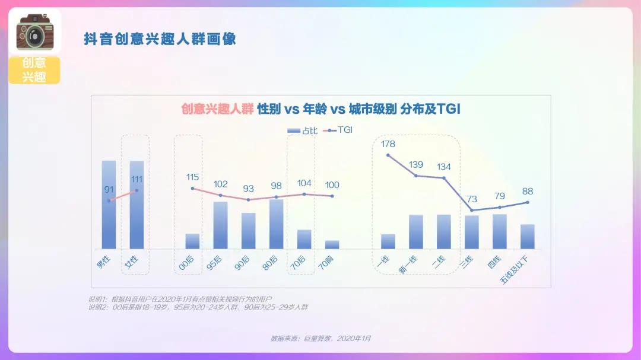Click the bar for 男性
tap(109, 205)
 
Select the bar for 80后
tap(277, 224)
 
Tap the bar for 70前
tap(332, 244)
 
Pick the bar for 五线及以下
tap(528, 237)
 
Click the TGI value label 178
tap(388, 144)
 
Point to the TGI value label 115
tap(192, 177)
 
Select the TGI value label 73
tap(472, 199)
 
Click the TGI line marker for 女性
tap(137, 190)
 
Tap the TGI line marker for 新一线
tap(416, 176)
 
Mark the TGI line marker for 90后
tap(249, 200)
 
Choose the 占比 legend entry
tap(302, 130)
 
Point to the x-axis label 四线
tap(494, 262)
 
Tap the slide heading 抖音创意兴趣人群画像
tap(160, 39)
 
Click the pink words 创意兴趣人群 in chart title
tap(217, 109)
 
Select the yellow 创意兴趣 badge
tap(34, 71)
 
